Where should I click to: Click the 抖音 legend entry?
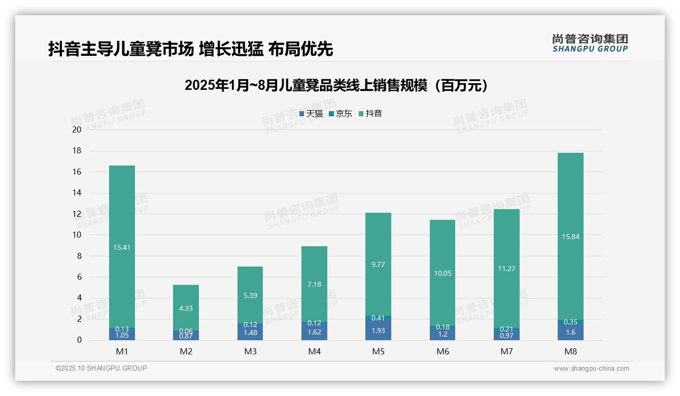(x=370, y=114)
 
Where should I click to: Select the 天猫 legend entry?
(x=311, y=114)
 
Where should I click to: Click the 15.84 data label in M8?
(x=570, y=236)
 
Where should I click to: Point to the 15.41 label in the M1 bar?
(x=122, y=248)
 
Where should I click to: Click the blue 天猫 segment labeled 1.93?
(x=378, y=331)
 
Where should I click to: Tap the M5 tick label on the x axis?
(x=378, y=351)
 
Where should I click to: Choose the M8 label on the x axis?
(x=570, y=351)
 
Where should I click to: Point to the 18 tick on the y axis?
(x=77, y=151)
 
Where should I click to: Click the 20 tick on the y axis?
(x=77, y=129)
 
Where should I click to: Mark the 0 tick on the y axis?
(x=79, y=340)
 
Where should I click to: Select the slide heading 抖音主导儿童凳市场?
(x=190, y=49)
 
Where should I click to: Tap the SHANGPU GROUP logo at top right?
(x=590, y=43)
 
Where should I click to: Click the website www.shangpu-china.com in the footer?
(x=591, y=369)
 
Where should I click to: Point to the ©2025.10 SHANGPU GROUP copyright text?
(x=101, y=368)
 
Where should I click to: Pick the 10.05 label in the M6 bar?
(x=442, y=273)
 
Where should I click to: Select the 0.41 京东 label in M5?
(x=378, y=318)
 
